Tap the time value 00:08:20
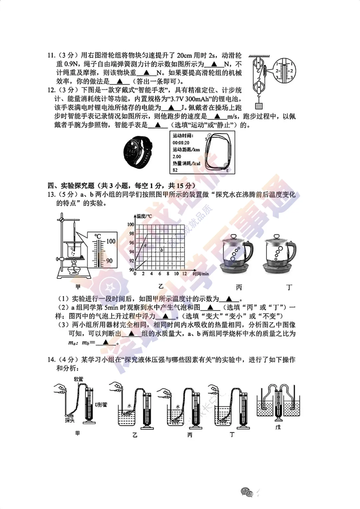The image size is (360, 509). tap(181, 143)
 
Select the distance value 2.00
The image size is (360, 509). tap(177, 156)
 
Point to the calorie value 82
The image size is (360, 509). tap(175, 170)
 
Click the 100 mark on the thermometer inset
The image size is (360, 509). tap(111, 241)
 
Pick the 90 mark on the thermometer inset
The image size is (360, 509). tap(109, 261)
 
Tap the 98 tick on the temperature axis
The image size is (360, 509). tap(131, 233)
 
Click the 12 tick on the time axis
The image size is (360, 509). tap(184, 274)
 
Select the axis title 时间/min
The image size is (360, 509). tap(201, 274)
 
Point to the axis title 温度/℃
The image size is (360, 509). tap(144, 216)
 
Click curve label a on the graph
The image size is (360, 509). tap(145, 245)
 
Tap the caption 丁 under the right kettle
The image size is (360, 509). tap(289, 287)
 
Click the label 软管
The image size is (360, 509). tap(79, 379)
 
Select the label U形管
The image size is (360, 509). tap(101, 405)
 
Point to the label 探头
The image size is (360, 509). tap(70, 421)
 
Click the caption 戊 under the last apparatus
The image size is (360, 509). tap(278, 427)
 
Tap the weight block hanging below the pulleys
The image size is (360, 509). tap(258, 106)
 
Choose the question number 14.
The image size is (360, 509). tap(51, 360)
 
